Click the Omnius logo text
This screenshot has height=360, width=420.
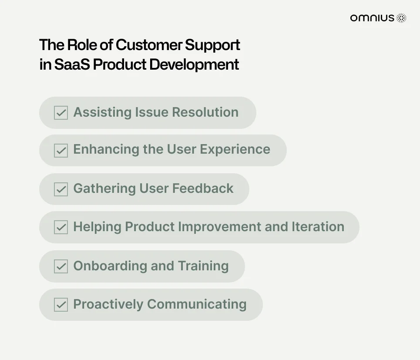(372, 18)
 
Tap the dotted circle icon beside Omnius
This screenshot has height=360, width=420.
(401, 18)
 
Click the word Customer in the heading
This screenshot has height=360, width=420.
(149, 44)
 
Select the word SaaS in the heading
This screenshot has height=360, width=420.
(72, 64)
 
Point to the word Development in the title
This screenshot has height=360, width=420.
(194, 64)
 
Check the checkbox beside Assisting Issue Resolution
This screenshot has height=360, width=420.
(61, 112)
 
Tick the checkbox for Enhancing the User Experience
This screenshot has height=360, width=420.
(61, 151)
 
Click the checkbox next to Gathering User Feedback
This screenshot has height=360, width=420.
(61, 189)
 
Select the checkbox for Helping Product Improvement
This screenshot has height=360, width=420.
(61, 227)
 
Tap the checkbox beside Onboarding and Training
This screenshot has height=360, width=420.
(61, 266)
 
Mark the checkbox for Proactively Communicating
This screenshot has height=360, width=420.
(61, 305)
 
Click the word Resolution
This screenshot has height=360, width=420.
(205, 112)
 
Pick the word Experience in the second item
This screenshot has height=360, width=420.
(235, 150)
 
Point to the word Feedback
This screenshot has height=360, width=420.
(203, 188)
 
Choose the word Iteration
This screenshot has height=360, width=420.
(318, 227)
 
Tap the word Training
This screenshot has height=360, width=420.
(203, 266)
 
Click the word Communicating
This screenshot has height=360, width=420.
(197, 305)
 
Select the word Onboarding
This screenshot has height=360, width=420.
(110, 266)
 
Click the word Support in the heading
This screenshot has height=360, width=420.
(212, 45)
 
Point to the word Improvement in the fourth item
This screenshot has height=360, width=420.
(219, 227)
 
